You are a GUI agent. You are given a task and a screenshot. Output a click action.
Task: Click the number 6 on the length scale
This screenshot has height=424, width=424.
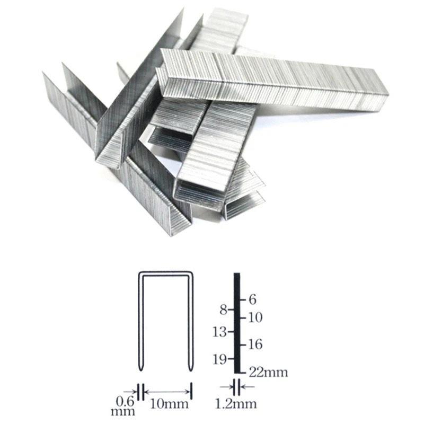pyautogui.click(x=252, y=299)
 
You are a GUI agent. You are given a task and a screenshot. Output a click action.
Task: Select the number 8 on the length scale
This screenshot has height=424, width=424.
pyautogui.click(x=223, y=310)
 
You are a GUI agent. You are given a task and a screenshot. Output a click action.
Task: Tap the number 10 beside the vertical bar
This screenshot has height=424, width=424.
pyautogui.click(x=255, y=317)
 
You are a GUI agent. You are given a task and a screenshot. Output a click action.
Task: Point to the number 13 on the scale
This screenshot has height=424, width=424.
pyautogui.click(x=219, y=332)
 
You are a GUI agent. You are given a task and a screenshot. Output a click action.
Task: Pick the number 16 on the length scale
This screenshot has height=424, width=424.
pyautogui.click(x=255, y=344)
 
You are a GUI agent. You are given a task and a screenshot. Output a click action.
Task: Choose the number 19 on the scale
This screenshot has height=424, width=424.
pyautogui.click(x=219, y=359)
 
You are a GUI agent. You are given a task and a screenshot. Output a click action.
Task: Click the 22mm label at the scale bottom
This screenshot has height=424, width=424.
pyautogui.click(x=268, y=373)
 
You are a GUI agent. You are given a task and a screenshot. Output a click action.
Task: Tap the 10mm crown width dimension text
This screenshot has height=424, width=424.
pyautogui.click(x=169, y=404)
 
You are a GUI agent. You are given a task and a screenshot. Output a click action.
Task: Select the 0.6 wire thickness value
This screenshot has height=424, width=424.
pyautogui.click(x=125, y=401)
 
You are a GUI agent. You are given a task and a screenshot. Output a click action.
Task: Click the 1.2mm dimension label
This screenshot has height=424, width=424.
pyautogui.click(x=235, y=404)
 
